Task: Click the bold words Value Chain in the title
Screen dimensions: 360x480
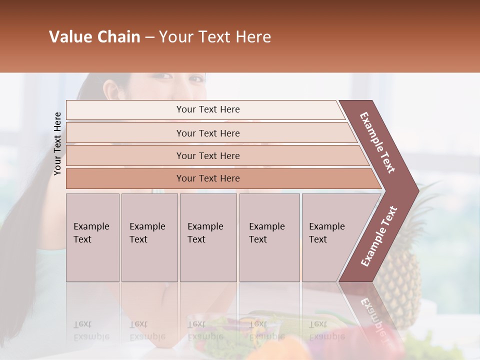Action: [94, 37]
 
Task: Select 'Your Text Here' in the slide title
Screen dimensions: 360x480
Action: [215, 37]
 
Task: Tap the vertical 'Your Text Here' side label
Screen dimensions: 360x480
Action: [57, 143]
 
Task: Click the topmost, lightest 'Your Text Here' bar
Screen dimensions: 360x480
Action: [207, 109]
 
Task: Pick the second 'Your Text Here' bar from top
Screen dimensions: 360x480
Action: [207, 133]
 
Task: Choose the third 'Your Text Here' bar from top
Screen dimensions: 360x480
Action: [207, 155]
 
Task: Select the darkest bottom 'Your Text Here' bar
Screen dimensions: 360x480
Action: [207, 178]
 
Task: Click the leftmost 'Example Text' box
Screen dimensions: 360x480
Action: [92, 237]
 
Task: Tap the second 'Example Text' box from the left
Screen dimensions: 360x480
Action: [149, 237]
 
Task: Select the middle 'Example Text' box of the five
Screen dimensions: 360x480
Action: [208, 237]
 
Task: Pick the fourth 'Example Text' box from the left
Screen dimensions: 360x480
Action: [269, 237]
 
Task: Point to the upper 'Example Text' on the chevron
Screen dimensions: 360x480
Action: [377, 142]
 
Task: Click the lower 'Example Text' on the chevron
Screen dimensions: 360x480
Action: [379, 236]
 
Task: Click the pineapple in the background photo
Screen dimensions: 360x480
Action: [400, 280]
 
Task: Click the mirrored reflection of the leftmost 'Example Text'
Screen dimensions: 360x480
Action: [91, 330]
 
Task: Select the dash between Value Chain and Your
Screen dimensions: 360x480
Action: [149, 37]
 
